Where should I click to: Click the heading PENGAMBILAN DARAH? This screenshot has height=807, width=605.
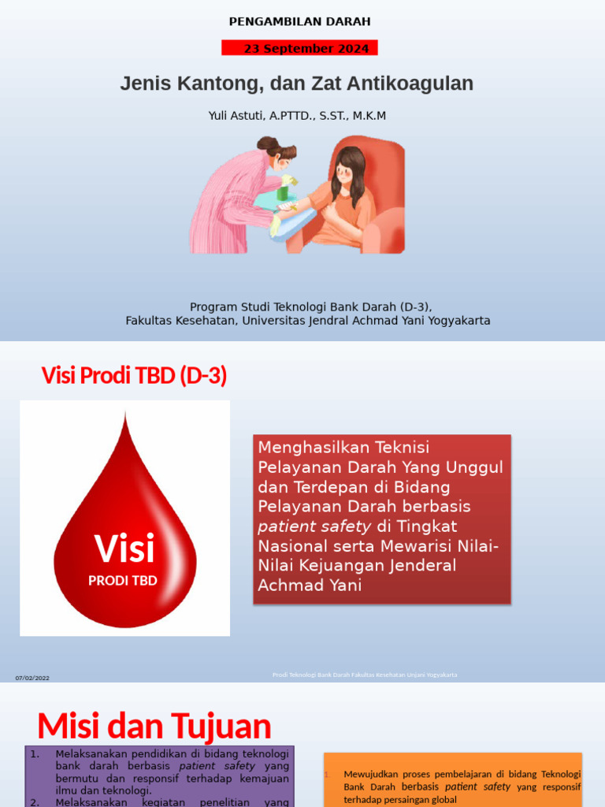[299, 21]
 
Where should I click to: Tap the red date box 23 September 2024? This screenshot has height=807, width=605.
[299, 48]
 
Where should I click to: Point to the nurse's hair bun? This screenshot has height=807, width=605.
[266, 144]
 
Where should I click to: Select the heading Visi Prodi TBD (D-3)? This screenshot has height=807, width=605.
[134, 376]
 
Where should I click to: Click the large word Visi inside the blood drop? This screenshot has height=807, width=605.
[124, 549]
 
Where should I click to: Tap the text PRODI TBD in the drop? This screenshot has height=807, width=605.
[123, 581]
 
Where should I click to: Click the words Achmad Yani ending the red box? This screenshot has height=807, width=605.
[310, 585]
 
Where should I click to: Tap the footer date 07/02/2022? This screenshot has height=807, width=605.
[32, 678]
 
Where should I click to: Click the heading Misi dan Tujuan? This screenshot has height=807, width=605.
[154, 725]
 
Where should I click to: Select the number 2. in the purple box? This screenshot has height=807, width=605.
[35, 802]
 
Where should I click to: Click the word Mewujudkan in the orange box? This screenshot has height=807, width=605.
[373, 775]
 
